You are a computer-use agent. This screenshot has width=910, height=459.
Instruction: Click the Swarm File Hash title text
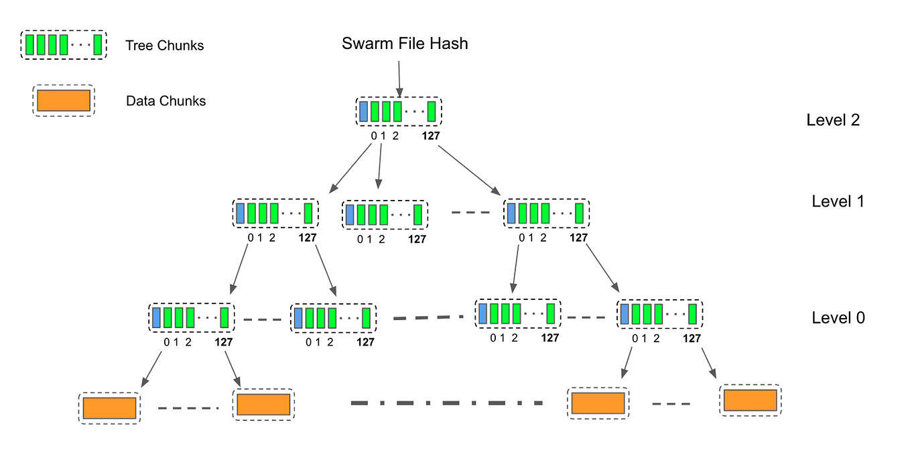point(405,44)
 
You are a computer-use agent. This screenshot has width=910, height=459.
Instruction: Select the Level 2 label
point(833,120)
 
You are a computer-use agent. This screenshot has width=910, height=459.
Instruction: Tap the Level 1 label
point(838,201)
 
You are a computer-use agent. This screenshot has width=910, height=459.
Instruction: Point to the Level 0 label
point(838,317)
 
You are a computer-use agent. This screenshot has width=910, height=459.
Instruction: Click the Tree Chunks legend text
point(164,46)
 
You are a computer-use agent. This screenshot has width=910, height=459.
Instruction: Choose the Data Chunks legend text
point(166,101)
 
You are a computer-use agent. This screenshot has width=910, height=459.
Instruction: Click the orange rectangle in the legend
point(64,100)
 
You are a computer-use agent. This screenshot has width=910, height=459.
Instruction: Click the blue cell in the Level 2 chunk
point(363,111)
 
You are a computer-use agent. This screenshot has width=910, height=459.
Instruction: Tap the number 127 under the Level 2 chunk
point(432,137)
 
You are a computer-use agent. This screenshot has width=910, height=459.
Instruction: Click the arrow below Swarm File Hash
point(399,78)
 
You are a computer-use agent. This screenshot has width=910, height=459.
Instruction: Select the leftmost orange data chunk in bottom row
point(110,408)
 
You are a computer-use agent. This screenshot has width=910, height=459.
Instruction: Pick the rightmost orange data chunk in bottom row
point(750,400)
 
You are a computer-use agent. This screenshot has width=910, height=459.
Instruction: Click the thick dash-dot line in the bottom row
point(446,403)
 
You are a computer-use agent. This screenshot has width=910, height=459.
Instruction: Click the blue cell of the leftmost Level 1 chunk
point(241,213)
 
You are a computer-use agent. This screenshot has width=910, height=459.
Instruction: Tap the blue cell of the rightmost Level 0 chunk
point(625,313)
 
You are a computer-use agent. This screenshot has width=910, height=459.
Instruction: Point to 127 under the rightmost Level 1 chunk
point(578,238)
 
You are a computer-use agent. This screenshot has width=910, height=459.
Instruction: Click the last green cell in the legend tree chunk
point(98,45)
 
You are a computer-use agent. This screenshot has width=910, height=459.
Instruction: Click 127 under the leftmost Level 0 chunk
point(224,342)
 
